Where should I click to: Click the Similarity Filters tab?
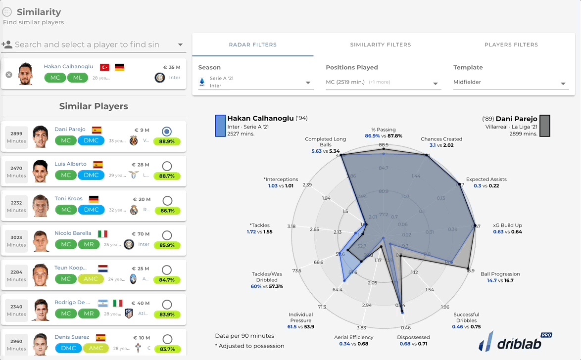coord(380,45)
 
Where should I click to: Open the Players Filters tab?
coord(511,45)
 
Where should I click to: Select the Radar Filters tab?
coord(252,45)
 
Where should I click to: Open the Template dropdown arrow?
coord(563,84)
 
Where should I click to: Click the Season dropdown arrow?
coord(308,83)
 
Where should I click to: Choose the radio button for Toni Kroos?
coord(167,200)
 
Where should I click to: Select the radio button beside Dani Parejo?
coord(167,132)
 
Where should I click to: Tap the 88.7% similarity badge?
coord(167,176)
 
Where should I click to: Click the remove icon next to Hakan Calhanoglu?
coord(9,75)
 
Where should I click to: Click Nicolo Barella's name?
coord(73,233)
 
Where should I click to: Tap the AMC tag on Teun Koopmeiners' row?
coord(91,279)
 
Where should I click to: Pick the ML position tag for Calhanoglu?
coord(77,78)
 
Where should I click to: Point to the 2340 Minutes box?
coord(16,310)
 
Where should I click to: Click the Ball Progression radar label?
coord(500,274)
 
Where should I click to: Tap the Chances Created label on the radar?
coord(441,139)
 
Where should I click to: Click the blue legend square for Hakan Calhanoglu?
coord(220,126)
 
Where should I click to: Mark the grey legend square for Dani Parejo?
coord(544,126)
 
